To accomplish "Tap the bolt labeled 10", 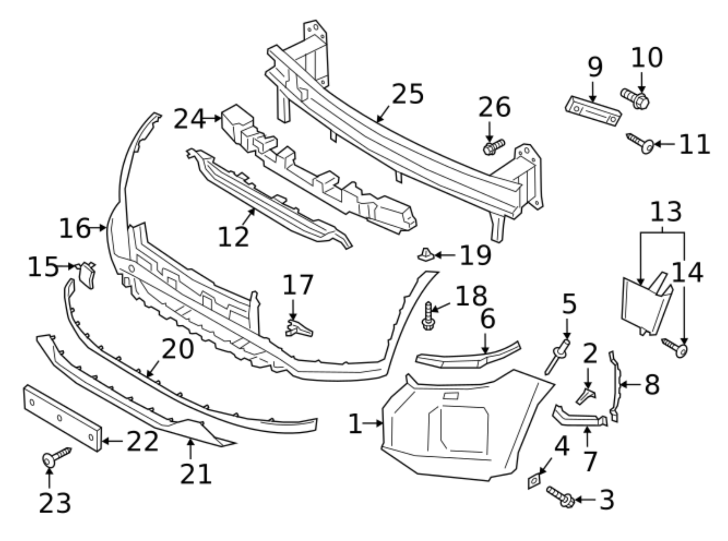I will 635,98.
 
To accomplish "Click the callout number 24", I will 189,120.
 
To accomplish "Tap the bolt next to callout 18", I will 428,316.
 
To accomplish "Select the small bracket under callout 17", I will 298,329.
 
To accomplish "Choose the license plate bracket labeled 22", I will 61,418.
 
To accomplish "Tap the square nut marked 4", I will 533,480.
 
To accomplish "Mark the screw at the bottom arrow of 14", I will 675,348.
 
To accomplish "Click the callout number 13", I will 665,212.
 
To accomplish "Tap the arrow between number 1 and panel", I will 374,424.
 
